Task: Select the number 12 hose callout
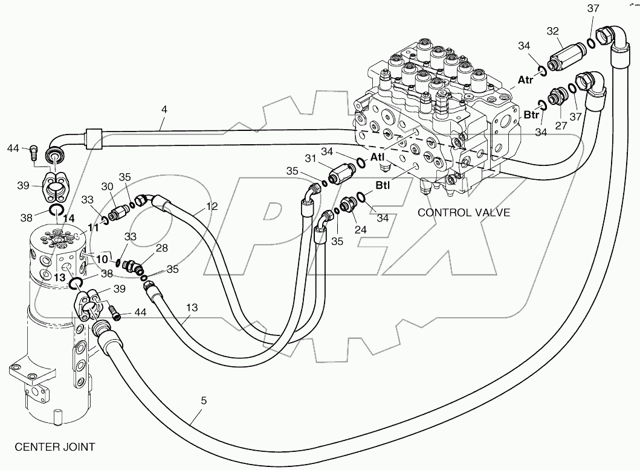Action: tap(211, 206)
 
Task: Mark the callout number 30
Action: tap(107, 186)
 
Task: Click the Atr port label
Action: tap(526, 79)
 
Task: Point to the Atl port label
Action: tap(377, 156)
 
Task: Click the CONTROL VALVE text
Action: tap(464, 212)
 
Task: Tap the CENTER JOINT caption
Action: tap(54, 447)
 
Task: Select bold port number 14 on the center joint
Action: tap(69, 218)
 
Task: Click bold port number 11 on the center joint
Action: tap(93, 227)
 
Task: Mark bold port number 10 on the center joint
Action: tap(102, 259)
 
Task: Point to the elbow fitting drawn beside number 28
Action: tap(132, 265)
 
